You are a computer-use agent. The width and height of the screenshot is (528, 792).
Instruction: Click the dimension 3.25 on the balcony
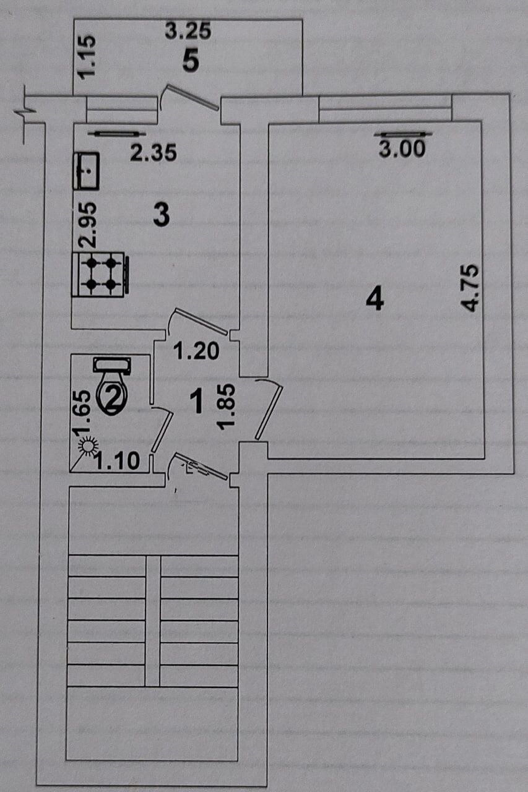tap(188, 31)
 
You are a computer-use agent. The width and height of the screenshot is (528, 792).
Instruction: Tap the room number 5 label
tap(191, 61)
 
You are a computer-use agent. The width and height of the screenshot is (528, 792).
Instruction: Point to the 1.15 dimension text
tap(87, 57)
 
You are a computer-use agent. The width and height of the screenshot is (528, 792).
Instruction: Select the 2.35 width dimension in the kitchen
tap(154, 153)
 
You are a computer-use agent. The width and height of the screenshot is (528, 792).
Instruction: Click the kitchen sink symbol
tap(86, 171)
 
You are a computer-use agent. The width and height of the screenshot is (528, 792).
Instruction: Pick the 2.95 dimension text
tap(87, 225)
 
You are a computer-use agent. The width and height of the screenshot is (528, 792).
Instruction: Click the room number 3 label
tap(162, 215)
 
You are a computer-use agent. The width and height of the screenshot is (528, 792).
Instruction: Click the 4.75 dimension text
tap(470, 288)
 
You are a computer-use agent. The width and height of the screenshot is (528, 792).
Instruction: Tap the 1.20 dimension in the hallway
tap(196, 351)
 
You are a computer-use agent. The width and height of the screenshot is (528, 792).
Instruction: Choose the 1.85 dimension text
tap(227, 407)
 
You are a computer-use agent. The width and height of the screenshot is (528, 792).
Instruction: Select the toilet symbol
tap(112, 385)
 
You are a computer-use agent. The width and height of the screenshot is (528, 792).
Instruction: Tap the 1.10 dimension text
tap(118, 461)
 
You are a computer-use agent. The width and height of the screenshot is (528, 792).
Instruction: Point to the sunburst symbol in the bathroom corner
tap(90, 445)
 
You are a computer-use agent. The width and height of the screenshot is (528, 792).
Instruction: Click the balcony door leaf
tap(193, 97)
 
